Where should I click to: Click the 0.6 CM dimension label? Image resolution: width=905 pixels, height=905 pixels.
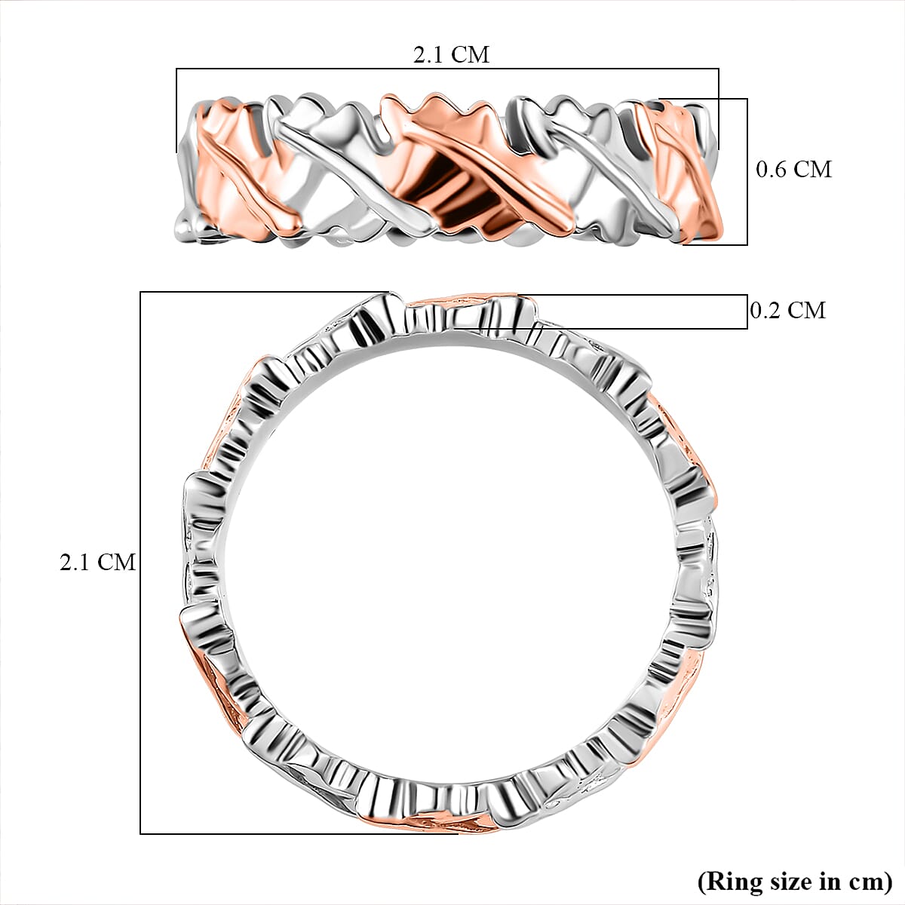(793, 170)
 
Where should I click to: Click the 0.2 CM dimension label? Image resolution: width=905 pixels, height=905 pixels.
(788, 310)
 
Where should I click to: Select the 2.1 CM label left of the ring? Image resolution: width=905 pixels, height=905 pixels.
(97, 562)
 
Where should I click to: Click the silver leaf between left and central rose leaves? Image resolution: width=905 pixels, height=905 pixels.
(332, 158)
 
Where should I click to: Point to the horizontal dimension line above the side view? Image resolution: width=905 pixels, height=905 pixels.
(447, 69)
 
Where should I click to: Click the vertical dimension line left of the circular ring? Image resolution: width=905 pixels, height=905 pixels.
(141, 562)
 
